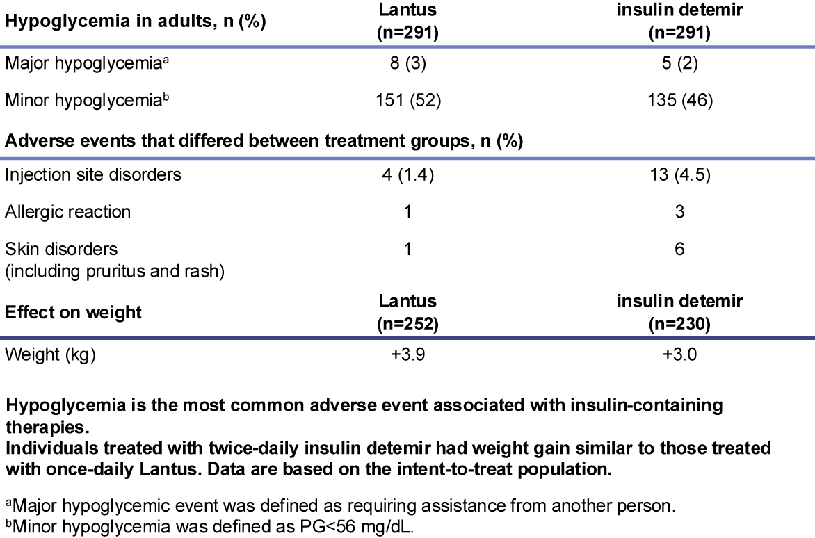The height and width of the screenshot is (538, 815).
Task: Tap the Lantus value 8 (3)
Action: [407, 64]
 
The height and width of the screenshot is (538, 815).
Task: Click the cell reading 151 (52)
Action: [407, 100]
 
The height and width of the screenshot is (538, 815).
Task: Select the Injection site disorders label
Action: [93, 174]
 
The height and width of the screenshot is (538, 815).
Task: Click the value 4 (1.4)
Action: [407, 174]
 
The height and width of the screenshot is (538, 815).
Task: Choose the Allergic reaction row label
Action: [68, 211]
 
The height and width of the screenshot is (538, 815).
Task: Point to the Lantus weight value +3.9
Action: [407, 354]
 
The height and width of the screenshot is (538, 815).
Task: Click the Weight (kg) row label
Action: [50, 354]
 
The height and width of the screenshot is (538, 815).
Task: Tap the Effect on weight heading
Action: [73, 311]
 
